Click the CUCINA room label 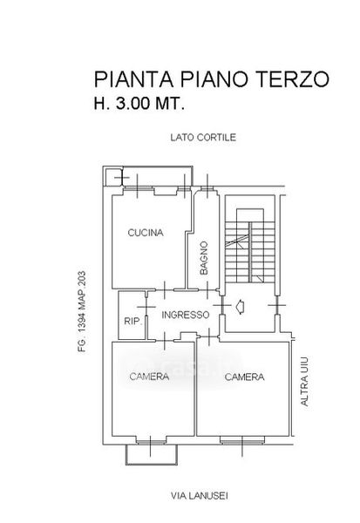coord(146,233)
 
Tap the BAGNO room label coord(203,258)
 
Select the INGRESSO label coord(185,315)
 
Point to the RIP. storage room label coord(132,321)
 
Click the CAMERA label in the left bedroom coord(149,377)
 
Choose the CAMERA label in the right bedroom coord(245,377)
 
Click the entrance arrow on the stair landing coord(240,307)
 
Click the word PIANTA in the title coord(133,79)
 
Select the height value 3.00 coord(132,104)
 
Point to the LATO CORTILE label coord(203,138)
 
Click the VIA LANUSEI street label coord(200,496)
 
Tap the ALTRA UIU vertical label coord(304,381)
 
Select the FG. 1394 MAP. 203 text coord(82,312)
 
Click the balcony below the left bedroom coord(152,455)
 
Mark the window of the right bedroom coord(242,442)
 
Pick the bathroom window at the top coord(207,190)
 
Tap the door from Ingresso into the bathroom coord(207,289)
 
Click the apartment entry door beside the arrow coord(222,305)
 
